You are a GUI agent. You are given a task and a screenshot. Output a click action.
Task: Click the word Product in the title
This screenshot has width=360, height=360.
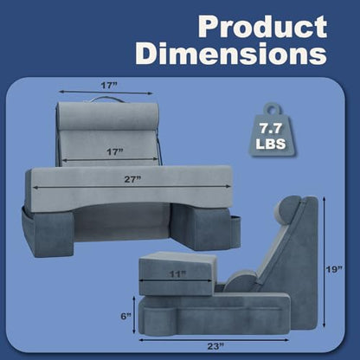[262, 26]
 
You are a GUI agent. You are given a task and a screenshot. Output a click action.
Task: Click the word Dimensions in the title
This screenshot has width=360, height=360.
[231, 54]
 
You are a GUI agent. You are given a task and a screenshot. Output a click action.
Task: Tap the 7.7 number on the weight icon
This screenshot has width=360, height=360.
[270, 128]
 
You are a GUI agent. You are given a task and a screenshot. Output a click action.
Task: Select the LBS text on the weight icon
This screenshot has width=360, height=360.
[271, 144]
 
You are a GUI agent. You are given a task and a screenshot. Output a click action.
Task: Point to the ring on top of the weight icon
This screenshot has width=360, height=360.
[272, 109]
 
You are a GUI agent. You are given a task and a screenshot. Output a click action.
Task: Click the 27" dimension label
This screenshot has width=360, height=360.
[132, 179]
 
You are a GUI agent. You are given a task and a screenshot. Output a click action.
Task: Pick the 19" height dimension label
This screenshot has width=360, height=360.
[335, 269]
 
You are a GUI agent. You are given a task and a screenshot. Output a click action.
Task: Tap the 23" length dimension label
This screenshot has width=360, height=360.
[216, 346]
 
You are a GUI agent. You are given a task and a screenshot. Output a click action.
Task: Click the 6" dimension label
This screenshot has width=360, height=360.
[125, 317]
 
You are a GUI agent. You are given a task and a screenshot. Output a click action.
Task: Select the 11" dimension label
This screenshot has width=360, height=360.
[177, 273]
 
